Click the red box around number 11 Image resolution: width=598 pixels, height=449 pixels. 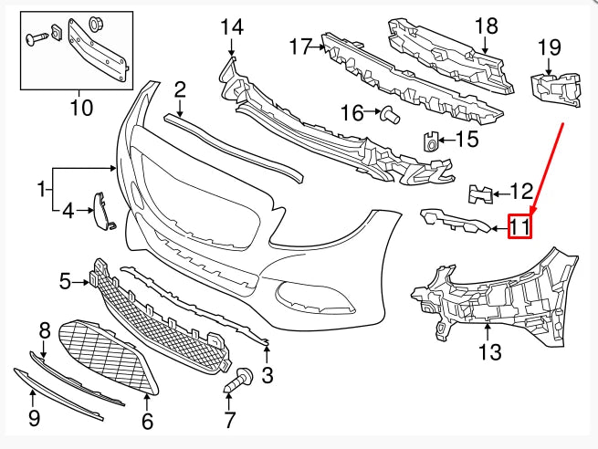tap(519, 224)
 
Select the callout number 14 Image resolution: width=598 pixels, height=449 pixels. tap(232, 27)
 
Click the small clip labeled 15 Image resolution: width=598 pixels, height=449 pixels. tap(430, 140)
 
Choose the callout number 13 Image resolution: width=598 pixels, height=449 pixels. tap(490, 352)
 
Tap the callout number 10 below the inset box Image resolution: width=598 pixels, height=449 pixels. tap(81, 109)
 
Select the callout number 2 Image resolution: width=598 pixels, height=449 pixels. tap(180, 89)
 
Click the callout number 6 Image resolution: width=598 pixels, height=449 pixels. tap(147, 422)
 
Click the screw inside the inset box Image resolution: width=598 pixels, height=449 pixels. tap(37, 37)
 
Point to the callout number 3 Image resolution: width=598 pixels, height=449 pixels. tap(268, 374)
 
